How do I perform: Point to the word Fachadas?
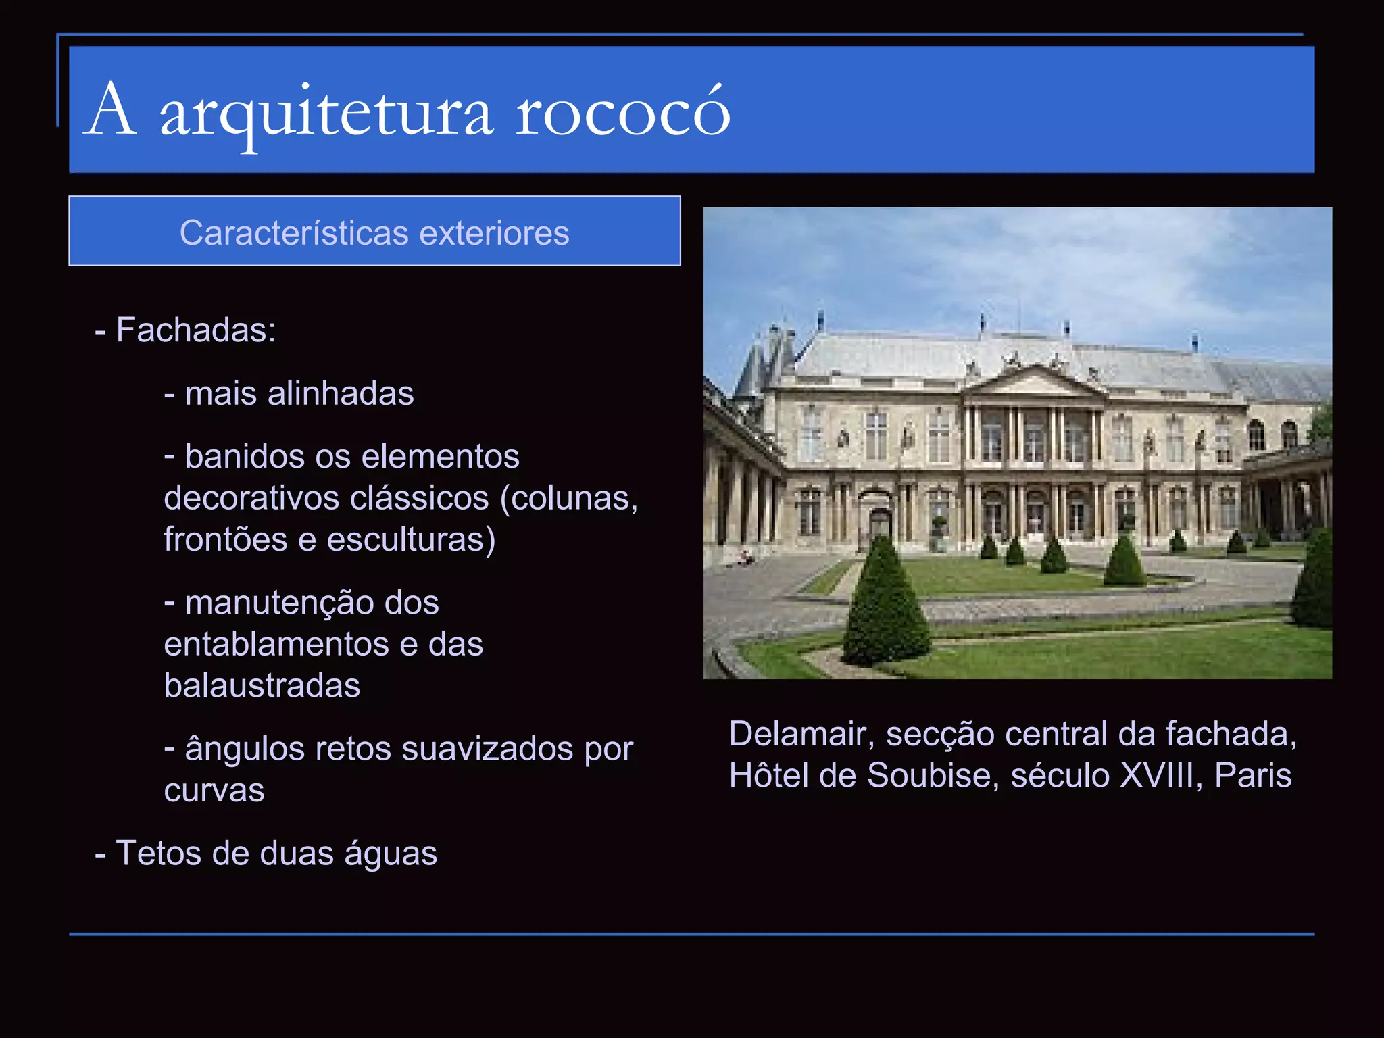(x=195, y=330)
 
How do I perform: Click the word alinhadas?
(x=341, y=393)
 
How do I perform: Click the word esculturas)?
(x=411, y=540)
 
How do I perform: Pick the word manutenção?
(x=312, y=603)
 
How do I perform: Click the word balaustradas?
(x=262, y=686)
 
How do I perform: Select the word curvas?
(x=214, y=791)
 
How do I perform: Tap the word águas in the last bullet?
(x=391, y=854)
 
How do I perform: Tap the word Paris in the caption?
(x=1253, y=776)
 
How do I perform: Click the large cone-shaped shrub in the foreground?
(x=885, y=605)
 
